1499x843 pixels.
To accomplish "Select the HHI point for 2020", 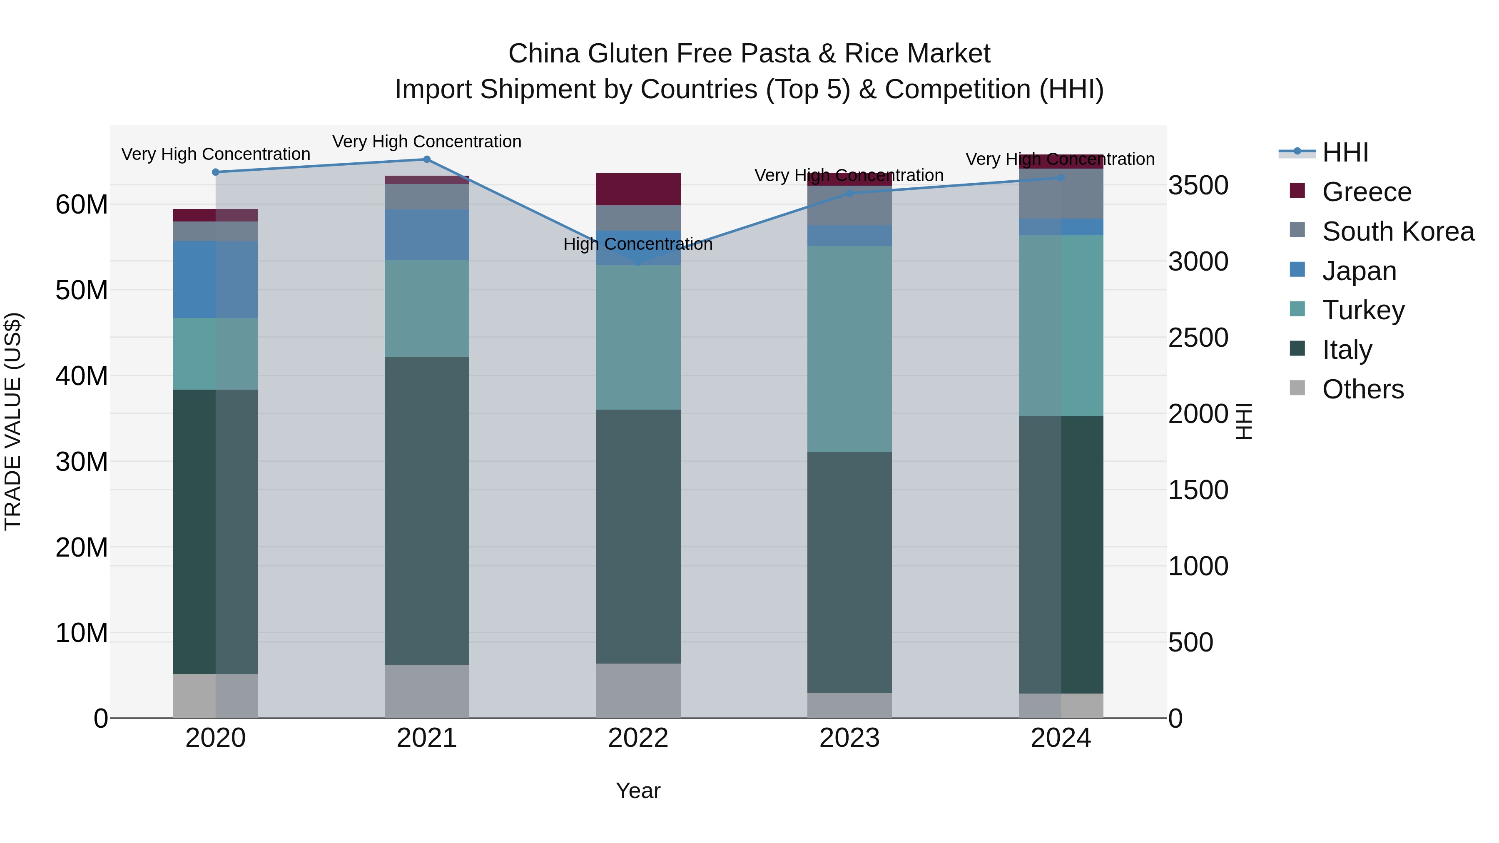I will pos(215,172).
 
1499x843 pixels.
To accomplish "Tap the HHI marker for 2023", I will pos(849,193).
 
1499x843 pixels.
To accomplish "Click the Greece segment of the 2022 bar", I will pos(638,189).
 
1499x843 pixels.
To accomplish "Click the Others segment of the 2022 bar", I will pos(638,691).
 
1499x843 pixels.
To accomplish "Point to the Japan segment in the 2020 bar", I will pos(215,279).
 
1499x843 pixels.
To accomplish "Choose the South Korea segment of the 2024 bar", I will pos(1061,193).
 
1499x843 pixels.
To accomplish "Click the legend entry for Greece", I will pos(1366,192).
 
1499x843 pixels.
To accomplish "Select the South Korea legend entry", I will pos(1398,231).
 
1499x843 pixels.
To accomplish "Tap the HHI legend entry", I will pos(1345,152).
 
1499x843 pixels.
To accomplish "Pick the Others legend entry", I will pos(1362,389).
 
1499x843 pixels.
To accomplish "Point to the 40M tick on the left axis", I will pos(82,376).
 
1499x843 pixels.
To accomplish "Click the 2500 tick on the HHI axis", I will pos(1198,338).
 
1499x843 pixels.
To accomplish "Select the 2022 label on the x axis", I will pos(638,738).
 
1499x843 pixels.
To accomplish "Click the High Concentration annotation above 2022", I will pos(638,244).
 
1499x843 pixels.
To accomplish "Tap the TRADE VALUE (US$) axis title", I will pos(13,421).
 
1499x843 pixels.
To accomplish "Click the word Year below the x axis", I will pos(638,791).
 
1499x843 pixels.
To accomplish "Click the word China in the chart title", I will pos(543,54).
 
